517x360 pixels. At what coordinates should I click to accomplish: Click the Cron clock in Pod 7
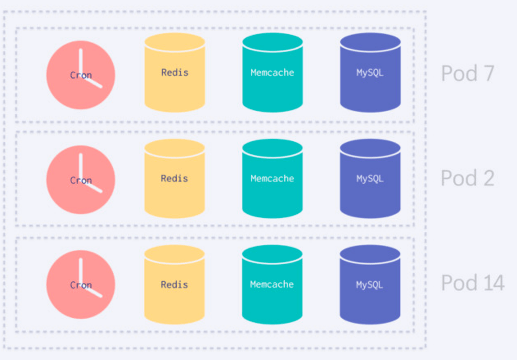pos(81,75)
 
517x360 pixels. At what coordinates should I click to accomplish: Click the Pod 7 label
pos(467,74)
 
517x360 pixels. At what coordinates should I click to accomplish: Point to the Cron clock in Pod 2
pos(81,180)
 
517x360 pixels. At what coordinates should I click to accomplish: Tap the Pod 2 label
pos(467,178)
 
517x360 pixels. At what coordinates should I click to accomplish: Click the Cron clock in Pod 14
pos(81,285)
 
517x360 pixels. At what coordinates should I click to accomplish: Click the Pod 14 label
pos(473,283)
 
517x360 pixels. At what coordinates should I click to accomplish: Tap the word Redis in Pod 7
pos(175,73)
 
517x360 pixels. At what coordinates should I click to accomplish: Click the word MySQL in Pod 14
pos(370,285)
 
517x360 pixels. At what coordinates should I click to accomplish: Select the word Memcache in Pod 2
pos(272,178)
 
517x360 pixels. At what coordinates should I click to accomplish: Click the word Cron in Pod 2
pos(81,180)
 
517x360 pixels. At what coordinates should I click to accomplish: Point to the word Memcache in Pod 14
pos(272,284)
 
